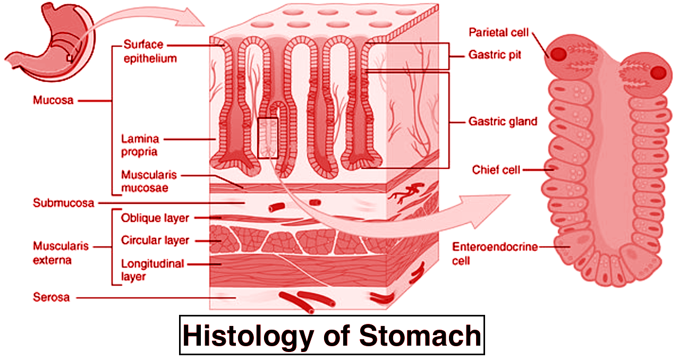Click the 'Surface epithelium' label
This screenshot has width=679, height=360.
point(149,51)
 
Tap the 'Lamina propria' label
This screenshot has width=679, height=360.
point(140,145)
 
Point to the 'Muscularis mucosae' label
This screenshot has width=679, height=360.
point(148,181)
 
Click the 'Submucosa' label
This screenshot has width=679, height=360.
point(63,203)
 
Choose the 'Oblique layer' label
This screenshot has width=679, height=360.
point(155,218)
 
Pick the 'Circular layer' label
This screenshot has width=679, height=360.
point(155,241)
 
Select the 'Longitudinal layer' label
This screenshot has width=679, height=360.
point(152,269)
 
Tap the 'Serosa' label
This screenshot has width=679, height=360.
point(51,297)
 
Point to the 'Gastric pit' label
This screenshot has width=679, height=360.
point(494,55)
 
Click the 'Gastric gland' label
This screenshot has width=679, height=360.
point(502,122)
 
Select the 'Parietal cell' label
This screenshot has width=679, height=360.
point(498,32)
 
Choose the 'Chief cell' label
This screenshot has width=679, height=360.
point(496,170)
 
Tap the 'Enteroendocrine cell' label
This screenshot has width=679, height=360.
point(495,253)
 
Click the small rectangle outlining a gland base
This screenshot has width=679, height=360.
point(268,138)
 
